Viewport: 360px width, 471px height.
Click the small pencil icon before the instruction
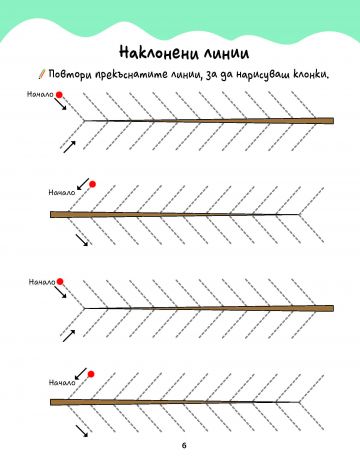coord(42,74)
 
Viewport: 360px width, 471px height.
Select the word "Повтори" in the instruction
coord(70,74)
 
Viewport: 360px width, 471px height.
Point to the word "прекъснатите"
coord(131,74)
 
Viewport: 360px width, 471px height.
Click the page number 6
coord(184,445)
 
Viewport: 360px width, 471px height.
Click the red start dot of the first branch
coord(59,95)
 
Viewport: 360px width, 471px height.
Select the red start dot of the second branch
coord(92,184)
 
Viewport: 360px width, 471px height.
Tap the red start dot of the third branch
coord(60,282)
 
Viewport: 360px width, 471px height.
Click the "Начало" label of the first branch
coord(40,94)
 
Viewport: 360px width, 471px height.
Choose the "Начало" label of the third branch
coord(42,282)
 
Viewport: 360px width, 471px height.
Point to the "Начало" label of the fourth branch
coord(62,382)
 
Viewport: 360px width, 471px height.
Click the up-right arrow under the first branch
coord(69,147)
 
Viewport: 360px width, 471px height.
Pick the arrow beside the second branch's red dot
coord(83,184)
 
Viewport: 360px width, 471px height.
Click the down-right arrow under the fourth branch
coord(82,431)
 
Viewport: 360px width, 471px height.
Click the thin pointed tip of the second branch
coord(299,214)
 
